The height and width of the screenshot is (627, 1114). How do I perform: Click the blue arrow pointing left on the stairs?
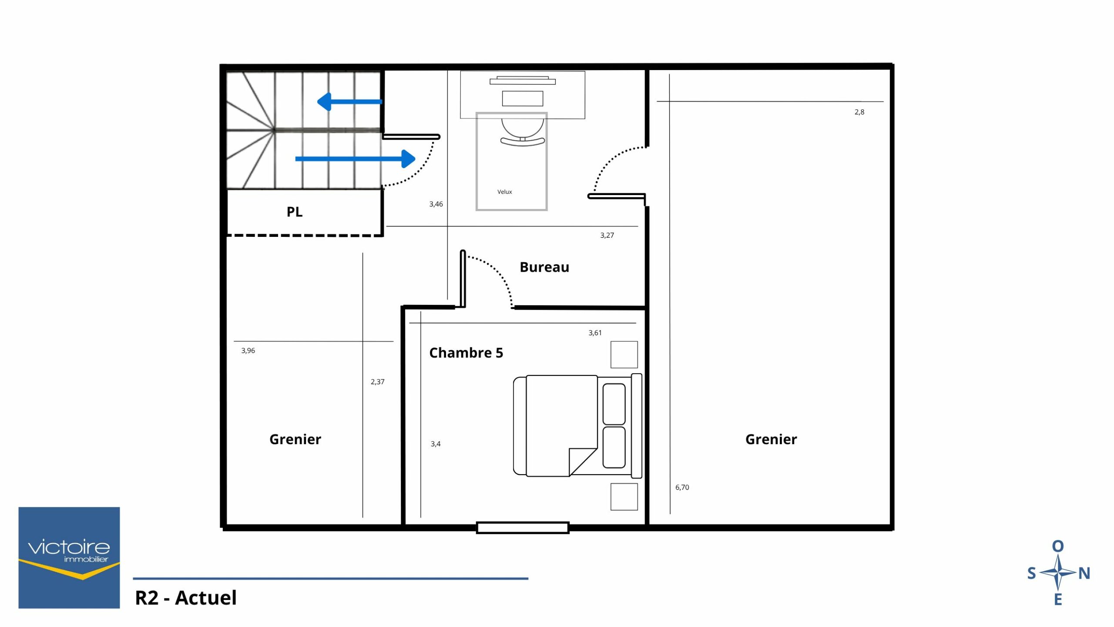(x=349, y=102)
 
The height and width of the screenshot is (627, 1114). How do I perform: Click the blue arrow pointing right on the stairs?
(x=356, y=159)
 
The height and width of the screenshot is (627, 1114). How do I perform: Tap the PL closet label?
(x=294, y=212)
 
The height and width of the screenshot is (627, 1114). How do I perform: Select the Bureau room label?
(x=544, y=267)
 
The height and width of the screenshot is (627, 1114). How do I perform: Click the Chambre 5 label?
(x=466, y=353)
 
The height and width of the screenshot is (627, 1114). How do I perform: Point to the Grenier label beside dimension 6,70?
(x=771, y=439)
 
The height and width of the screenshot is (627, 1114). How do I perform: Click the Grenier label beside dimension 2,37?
(x=295, y=439)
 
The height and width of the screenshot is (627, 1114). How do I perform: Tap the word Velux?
(x=505, y=192)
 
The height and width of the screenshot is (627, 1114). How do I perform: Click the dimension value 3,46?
(x=436, y=204)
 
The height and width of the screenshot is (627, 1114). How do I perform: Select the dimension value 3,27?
(x=607, y=236)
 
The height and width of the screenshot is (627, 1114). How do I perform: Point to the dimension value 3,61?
(x=595, y=333)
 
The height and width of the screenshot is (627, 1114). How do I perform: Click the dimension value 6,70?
(x=682, y=488)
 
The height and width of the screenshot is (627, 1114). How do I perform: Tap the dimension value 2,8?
(x=859, y=112)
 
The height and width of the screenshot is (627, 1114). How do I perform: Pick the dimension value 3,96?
(x=248, y=351)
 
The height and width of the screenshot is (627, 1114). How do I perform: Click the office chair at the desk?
(x=523, y=132)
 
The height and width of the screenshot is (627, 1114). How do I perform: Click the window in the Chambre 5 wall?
(x=523, y=528)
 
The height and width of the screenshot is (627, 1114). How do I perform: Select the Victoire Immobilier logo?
(x=69, y=557)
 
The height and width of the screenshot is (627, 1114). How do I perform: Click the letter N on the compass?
(x=1084, y=573)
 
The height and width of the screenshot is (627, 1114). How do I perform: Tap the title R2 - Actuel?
(x=186, y=598)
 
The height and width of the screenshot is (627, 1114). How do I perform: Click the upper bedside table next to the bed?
(x=624, y=354)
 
